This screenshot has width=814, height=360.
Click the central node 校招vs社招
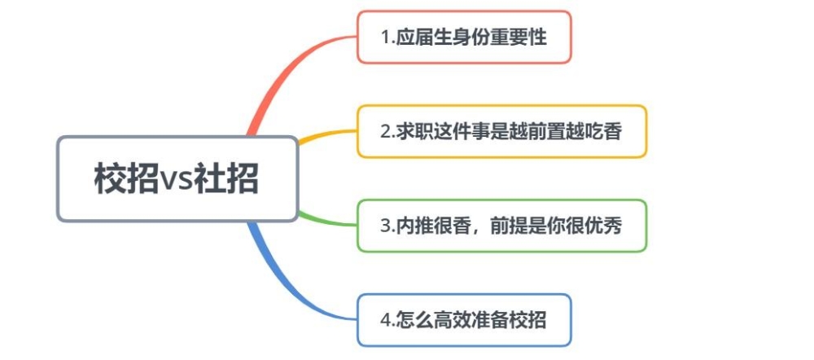coord(177,178)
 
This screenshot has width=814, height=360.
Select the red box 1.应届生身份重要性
coord(464,37)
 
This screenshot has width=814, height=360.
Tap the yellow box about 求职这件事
coord(501,131)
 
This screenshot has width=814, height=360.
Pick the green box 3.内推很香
coord(501,226)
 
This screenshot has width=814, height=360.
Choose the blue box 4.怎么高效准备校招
coord(464,320)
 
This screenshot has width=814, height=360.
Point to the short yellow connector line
coord(327,135)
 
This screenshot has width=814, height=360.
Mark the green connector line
coord(327,220)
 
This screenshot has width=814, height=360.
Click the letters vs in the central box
coord(177,180)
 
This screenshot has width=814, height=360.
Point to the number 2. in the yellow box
coord(388,132)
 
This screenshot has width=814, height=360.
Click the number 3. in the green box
coord(388,226)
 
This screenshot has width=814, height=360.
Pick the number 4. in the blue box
coord(388,321)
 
